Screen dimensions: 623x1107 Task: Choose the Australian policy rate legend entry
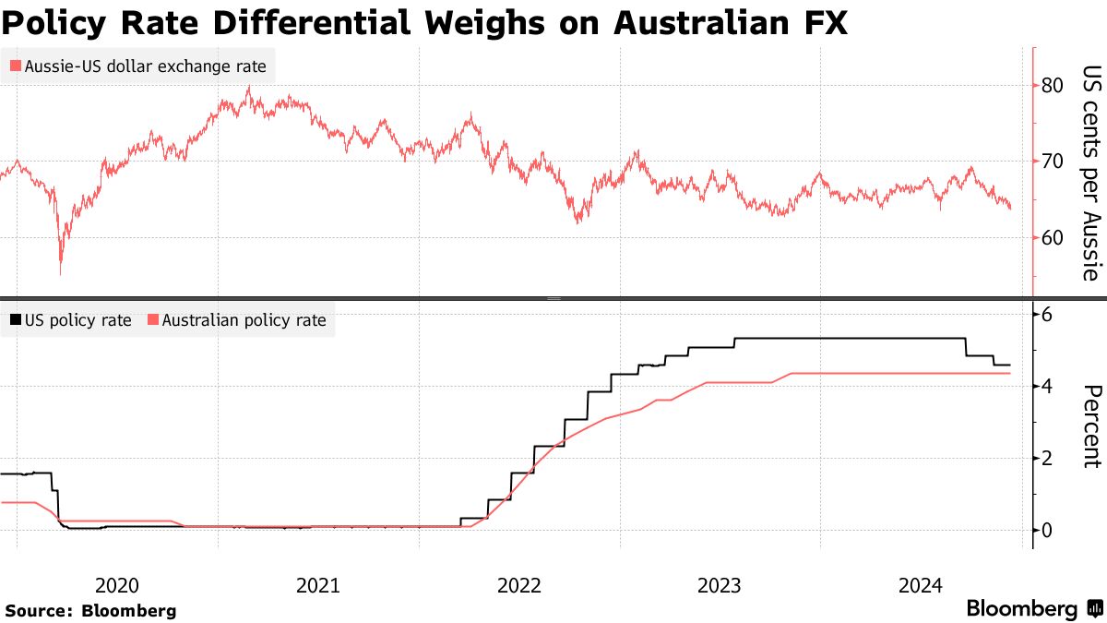[237, 320]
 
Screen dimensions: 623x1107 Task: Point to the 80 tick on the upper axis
[1053, 86]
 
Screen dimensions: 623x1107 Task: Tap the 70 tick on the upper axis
[1053, 162]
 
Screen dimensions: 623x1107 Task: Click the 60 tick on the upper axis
[1053, 237]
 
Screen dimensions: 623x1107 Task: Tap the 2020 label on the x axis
[117, 584]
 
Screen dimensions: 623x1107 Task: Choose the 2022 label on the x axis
[518, 584]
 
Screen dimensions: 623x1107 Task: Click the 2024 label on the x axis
[920, 584]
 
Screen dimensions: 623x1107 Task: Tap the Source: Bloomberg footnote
[90, 610]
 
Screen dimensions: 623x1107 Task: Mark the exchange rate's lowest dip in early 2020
[61, 272]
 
